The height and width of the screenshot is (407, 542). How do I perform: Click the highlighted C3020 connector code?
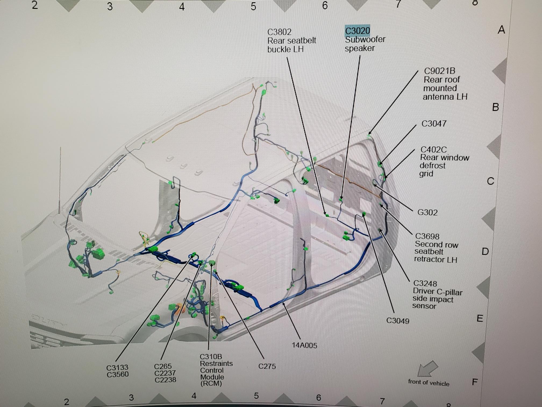[x=357, y=31]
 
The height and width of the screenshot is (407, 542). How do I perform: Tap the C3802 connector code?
[x=279, y=32]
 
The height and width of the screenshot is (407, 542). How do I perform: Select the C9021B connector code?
[x=440, y=71]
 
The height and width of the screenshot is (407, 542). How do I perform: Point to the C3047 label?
[x=434, y=124]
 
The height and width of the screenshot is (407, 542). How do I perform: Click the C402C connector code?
[x=433, y=149]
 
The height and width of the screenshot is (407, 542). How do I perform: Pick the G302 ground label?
[x=427, y=212]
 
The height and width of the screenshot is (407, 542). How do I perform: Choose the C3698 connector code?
[x=427, y=236]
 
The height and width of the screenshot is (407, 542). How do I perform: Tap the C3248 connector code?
[x=425, y=283]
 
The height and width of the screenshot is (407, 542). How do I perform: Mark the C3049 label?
[x=398, y=321]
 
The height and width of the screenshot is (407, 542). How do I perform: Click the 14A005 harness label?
[x=304, y=345]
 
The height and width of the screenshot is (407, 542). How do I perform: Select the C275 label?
[x=267, y=366]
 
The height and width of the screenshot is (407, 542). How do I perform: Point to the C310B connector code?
[x=211, y=357]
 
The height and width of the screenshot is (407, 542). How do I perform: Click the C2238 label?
[x=165, y=380]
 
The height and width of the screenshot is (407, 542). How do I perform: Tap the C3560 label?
[x=117, y=374]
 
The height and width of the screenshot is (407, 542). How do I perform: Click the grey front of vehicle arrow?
[x=427, y=369]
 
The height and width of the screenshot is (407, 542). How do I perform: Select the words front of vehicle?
[x=429, y=383]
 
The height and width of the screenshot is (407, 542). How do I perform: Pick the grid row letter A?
[x=501, y=30]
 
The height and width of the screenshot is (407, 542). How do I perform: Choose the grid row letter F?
[x=475, y=382]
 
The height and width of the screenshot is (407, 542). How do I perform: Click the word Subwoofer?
[x=365, y=40]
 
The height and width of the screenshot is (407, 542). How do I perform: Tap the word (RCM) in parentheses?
[x=211, y=383]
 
